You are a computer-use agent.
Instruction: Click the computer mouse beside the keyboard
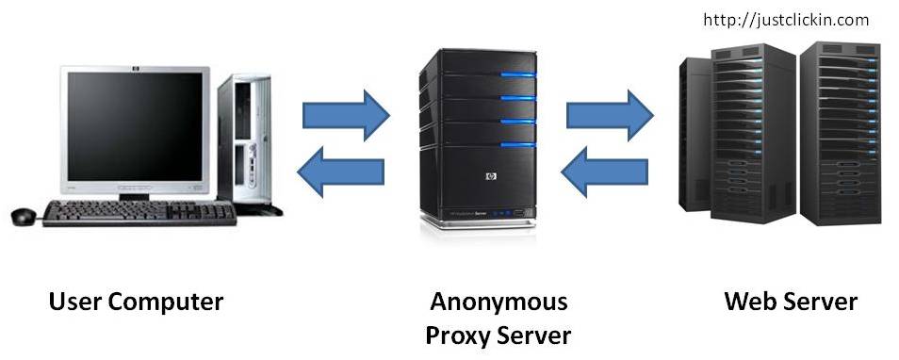click(x=24, y=216)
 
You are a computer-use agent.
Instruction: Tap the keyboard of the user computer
click(x=139, y=213)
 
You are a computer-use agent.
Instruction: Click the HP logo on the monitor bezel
click(x=136, y=70)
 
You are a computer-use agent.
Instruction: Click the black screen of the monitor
click(x=136, y=126)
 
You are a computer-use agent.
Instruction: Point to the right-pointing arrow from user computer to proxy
click(x=346, y=115)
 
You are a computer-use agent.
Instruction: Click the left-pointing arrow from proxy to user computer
click(x=340, y=172)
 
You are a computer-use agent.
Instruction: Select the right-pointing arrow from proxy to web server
click(x=610, y=115)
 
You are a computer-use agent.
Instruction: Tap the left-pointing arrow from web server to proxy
click(x=604, y=172)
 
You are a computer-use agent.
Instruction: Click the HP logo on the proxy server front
click(x=490, y=176)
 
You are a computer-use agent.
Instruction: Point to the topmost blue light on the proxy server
click(x=517, y=74)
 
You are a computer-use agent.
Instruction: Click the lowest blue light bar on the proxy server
click(x=517, y=144)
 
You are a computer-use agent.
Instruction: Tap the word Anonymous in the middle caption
click(x=499, y=303)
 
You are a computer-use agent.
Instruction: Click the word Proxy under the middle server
click(x=457, y=335)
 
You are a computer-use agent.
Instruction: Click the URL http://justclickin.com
click(x=786, y=20)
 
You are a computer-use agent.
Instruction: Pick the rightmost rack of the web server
click(x=840, y=134)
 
